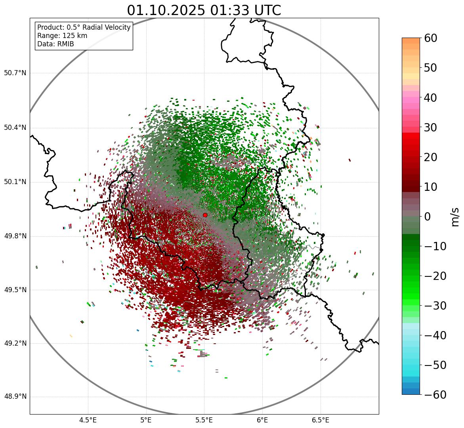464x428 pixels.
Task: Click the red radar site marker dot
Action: [205, 215]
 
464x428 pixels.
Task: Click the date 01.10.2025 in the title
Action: [166, 10]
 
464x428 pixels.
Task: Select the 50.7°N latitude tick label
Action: [15, 73]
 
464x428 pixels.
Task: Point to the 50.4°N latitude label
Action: [15, 127]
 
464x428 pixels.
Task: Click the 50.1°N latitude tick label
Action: [15, 182]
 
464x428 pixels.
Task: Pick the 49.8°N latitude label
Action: [15, 236]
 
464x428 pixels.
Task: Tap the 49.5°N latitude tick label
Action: [15, 290]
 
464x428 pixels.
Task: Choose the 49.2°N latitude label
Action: [15, 343]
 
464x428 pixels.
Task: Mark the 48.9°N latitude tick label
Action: [15, 397]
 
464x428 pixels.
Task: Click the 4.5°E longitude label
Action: [88, 420]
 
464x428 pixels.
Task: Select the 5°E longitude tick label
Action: [146, 420]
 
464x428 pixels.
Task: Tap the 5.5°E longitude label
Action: [204, 420]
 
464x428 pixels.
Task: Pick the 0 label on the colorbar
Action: [428, 217]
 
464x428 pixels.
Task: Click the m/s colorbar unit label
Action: [455, 217]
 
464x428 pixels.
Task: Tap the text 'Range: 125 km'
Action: [62, 36]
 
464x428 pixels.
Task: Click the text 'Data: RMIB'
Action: [55, 44]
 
